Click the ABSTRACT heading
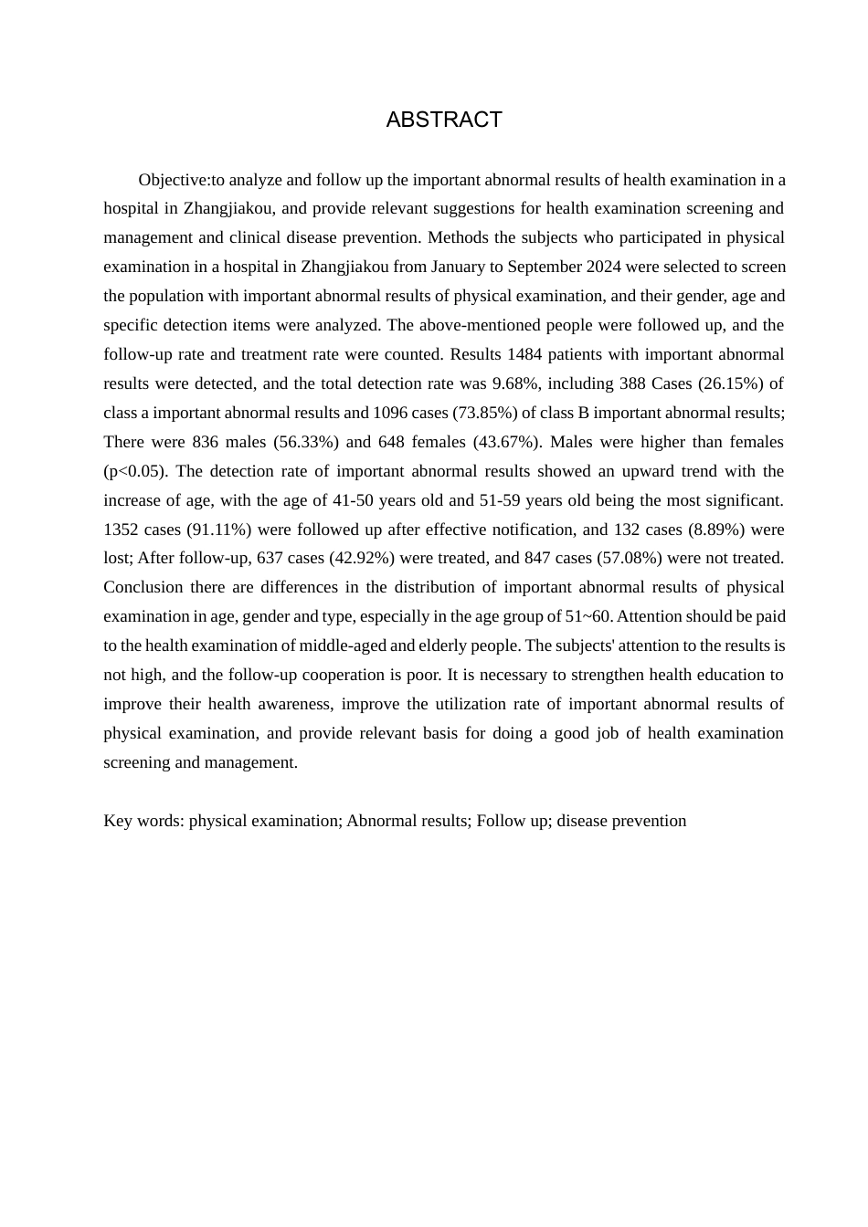tap(444, 120)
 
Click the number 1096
tap(391, 413)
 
